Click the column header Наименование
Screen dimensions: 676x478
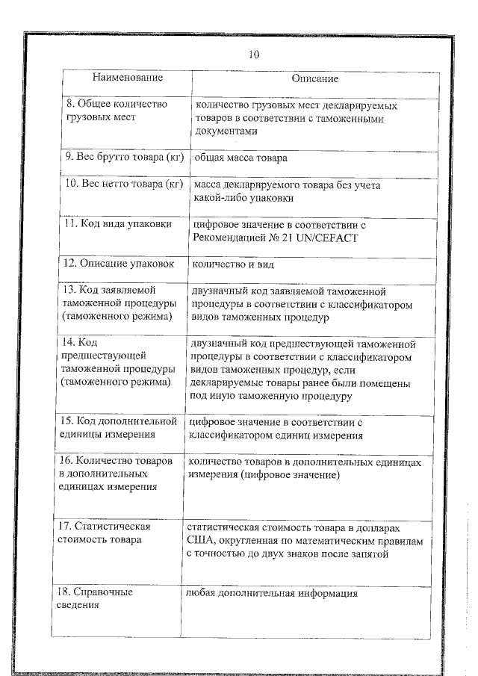click(128, 78)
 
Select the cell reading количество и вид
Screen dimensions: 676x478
click(234, 264)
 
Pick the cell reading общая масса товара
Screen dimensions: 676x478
click(240, 158)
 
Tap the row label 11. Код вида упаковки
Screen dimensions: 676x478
click(117, 224)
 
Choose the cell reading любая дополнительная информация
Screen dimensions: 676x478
click(273, 594)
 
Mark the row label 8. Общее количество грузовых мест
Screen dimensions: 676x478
click(112, 111)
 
